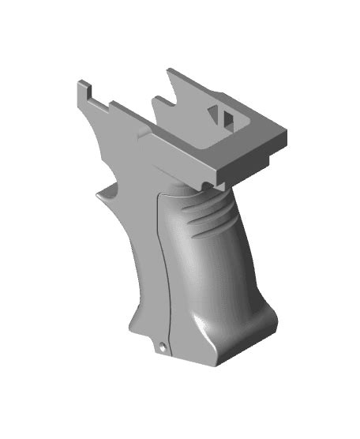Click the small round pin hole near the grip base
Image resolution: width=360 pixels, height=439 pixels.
click(x=161, y=346)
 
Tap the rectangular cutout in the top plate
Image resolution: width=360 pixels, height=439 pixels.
click(x=225, y=116)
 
